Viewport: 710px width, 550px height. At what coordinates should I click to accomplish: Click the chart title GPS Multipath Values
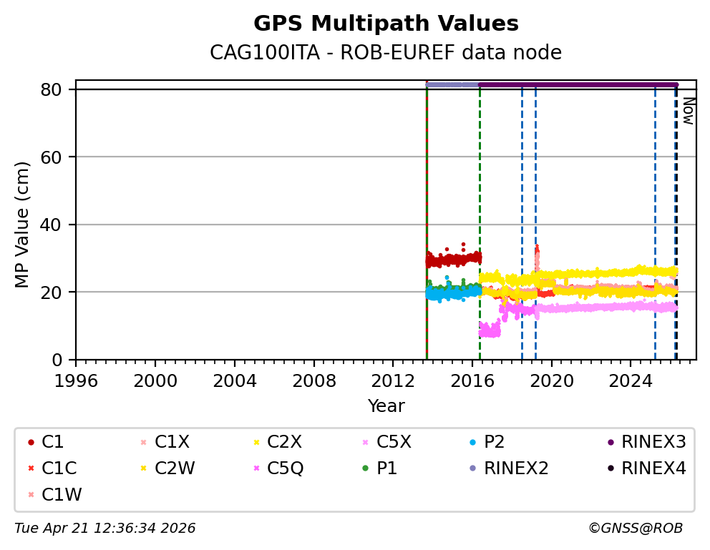pos(386,24)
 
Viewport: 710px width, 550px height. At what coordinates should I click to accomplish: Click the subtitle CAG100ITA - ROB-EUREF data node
pos(386,53)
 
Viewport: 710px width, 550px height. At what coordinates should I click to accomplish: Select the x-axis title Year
pos(386,406)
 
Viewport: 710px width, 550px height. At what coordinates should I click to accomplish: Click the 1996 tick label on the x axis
pos(76,380)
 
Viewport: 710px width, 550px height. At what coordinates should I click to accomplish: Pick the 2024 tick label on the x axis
pos(631,380)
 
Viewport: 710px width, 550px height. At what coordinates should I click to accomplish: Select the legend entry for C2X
pos(283,442)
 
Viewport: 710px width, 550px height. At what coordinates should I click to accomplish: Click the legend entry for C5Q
pos(284,468)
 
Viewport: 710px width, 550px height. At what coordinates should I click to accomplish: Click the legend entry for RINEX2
pos(515,468)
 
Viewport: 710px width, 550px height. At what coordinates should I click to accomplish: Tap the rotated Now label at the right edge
pos(688,111)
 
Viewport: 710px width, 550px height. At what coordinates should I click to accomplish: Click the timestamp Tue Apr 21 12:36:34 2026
pos(105,529)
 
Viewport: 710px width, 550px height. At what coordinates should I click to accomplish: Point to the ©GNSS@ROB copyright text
pos(636,529)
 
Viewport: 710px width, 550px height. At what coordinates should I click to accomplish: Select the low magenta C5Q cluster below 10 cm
pos(490,330)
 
